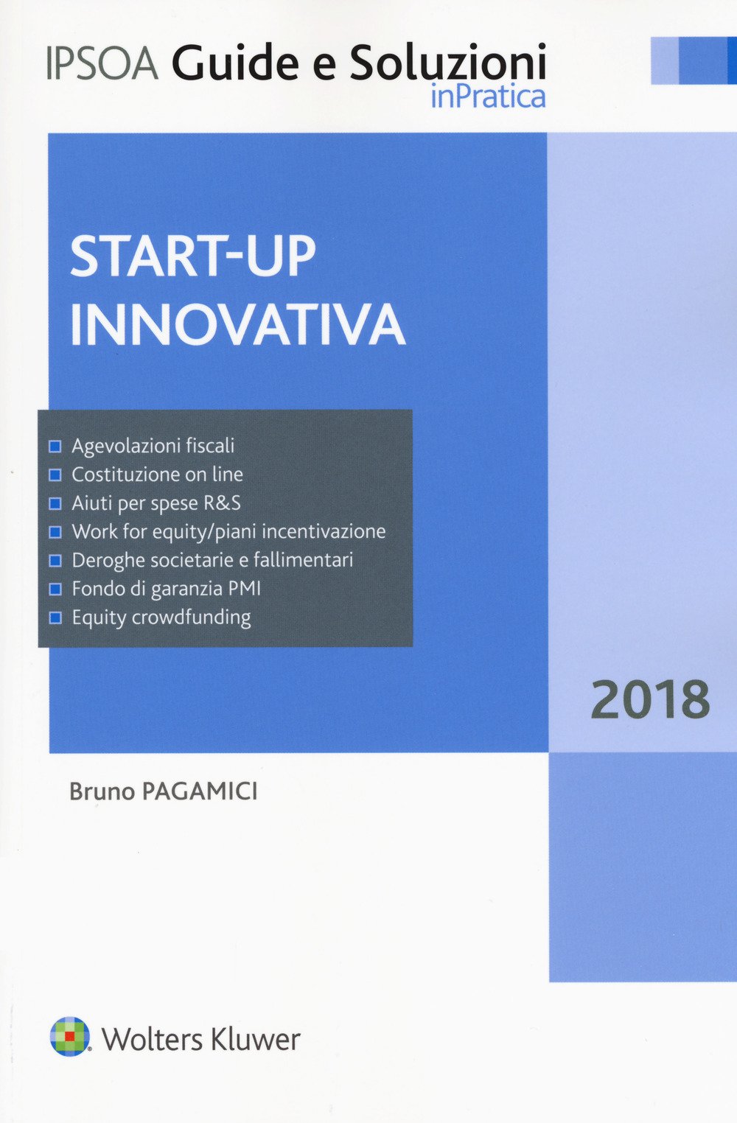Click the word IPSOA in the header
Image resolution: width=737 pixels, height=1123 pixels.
click(x=102, y=63)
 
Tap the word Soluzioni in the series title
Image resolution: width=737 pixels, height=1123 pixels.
click(x=447, y=63)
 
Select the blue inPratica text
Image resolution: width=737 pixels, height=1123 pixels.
click(x=488, y=97)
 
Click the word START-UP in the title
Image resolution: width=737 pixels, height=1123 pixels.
click(x=193, y=256)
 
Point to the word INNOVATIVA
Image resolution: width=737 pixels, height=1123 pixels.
click(x=237, y=324)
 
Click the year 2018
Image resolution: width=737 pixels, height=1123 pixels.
click(x=650, y=700)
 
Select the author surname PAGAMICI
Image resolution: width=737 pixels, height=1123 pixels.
click(x=199, y=791)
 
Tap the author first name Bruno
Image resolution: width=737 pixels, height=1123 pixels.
click(x=102, y=791)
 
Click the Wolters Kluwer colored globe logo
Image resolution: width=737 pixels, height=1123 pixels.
click(x=69, y=1036)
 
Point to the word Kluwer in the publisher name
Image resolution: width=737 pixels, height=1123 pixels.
click(x=255, y=1039)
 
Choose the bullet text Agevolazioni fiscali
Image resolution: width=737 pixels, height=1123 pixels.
click(x=153, y=446)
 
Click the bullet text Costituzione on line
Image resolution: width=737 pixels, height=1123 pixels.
click(x=157, y=475)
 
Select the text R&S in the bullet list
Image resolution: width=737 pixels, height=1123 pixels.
click(x=222, y=503)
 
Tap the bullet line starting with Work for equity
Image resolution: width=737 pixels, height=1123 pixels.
click(x=228, y=532)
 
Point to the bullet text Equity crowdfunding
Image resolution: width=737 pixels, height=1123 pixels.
click(x=161, y=618)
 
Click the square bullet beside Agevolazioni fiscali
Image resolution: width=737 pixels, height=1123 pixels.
click(x=55, y=447)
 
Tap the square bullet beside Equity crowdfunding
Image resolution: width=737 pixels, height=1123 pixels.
click(x=55, y=618)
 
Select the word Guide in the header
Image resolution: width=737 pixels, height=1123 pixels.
click(x=236, y=63)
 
